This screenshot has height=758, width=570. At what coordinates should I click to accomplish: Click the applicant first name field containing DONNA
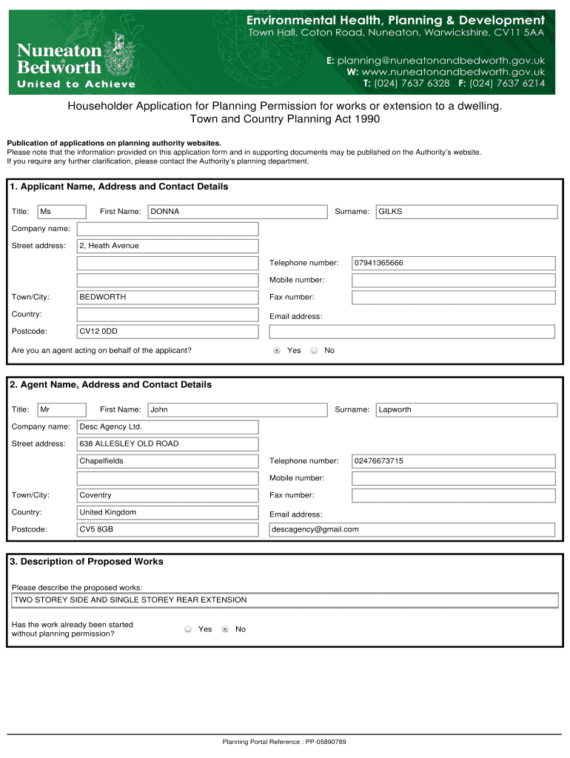click(237, 212)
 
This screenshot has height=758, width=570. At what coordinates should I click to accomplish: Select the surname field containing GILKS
click(466, 212)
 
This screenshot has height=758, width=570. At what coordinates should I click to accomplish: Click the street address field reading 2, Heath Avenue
click(167, 246)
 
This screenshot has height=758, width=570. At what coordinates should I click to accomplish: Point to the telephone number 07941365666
click(453, 263)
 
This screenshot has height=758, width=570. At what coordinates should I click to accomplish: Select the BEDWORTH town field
click(167, 297)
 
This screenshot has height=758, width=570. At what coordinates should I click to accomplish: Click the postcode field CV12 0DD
click(167, 331)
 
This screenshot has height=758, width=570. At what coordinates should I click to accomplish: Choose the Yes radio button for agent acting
click(277, 350)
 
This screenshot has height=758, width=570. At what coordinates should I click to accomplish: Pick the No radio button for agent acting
click(314, 350)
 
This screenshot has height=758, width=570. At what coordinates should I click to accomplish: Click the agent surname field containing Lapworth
click(466, 409)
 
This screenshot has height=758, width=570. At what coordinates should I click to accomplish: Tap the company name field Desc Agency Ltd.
click(167, 426)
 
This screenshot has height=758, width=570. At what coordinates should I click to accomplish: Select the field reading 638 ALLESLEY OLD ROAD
click(167, 443)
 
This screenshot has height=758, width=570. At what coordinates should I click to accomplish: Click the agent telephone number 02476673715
click(453, 461)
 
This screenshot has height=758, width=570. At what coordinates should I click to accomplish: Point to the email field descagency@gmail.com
click(411, 529)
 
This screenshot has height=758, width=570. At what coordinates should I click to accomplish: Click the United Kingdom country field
click(167, 512)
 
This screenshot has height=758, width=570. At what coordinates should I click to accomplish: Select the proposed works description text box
click(285, 600)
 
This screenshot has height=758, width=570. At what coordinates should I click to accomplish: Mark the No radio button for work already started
click(225, 629)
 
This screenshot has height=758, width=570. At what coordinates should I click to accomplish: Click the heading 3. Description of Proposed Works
click(87, 562)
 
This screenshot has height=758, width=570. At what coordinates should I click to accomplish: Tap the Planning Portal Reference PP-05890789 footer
click(284, 742)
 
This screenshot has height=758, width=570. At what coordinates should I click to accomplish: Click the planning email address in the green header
click(441, 60)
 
